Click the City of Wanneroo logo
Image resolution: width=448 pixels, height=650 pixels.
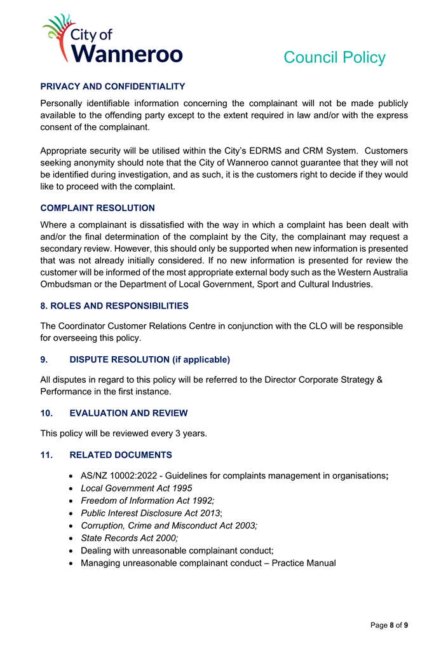click(x=112, y=39)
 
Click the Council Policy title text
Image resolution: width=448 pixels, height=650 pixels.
click(x=334, y=57)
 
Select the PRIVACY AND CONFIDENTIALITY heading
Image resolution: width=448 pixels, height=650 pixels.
click(x=112, y=86)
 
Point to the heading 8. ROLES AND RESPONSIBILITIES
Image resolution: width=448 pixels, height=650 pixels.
click(x=114, y=306)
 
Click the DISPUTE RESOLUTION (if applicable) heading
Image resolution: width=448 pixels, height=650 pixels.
click(x=149, y=359)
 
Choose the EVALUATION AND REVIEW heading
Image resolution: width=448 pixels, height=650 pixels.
click(x=128, y=413)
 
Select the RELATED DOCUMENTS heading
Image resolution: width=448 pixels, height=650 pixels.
click(x=120, y=455)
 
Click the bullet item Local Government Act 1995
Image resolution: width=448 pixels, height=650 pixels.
click(x=136, y=488)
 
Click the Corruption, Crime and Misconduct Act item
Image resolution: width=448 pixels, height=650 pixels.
click(x=168, y=525)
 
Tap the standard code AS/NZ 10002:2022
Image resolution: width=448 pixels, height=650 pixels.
click(x=120, y=475)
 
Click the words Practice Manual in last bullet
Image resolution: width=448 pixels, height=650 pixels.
click(x=304, y=563)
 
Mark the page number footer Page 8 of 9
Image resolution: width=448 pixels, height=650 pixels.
click(x=389, y=625)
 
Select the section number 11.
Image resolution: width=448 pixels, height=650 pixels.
click(x=47, y=455)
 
